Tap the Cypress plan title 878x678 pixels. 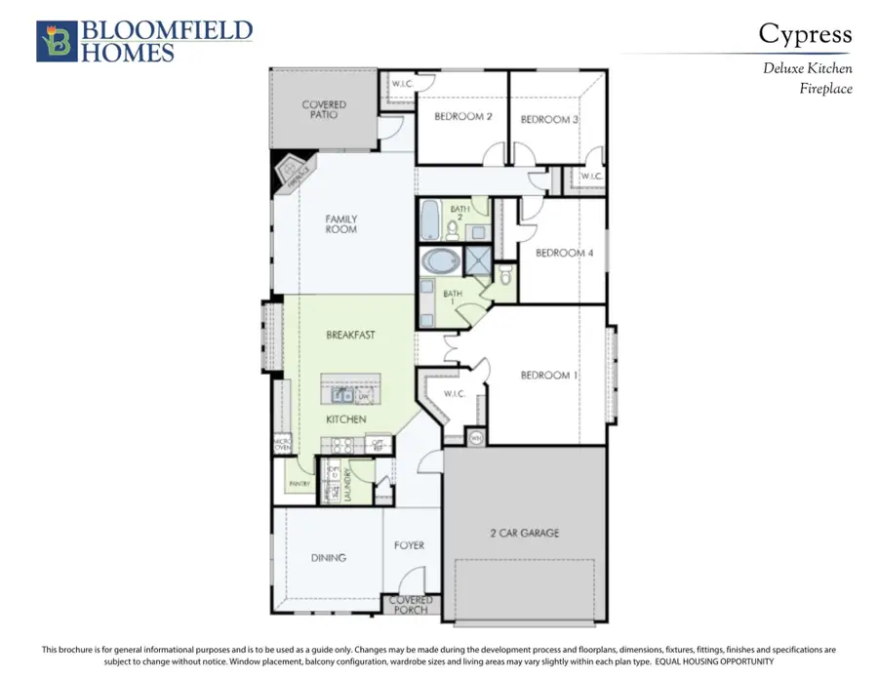pos(805,35)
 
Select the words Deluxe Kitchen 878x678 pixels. pos(807,69)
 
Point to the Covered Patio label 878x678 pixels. pos(323,109)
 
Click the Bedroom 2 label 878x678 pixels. pos(461,117)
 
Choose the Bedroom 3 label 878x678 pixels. pos(549,119)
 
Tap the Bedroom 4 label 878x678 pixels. pos(564,253)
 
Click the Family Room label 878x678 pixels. pos(340,224)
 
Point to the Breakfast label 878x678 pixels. pos(350,335)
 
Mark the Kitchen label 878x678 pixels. pos(345,419)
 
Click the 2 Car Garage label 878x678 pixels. pos(524,533)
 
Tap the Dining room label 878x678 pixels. pos(328,558)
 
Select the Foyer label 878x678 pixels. pos(410,545)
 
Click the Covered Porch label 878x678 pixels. pos(411,606)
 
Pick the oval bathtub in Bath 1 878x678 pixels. pos(442,262)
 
